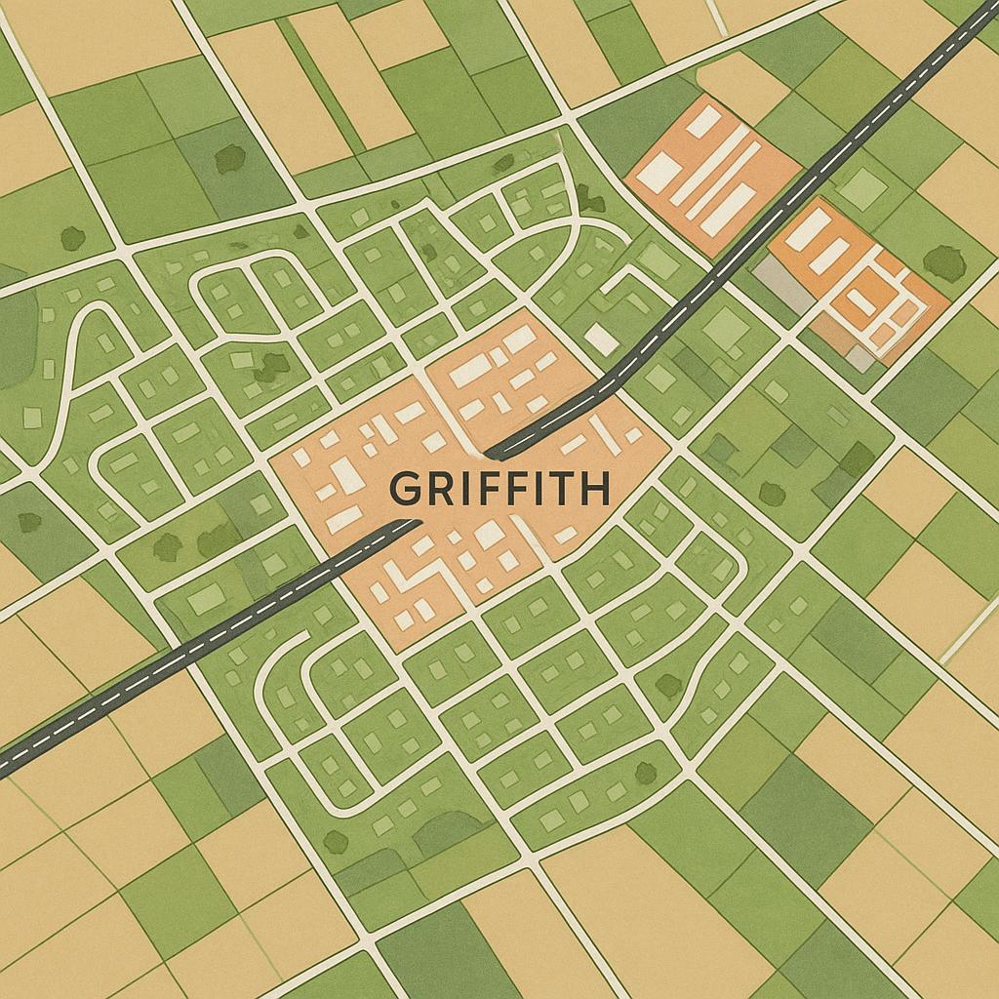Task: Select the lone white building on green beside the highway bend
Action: coord(602,340)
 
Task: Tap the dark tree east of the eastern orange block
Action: coord(943,261)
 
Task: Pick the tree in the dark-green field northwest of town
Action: coord(230,158)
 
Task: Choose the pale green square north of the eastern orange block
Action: coord(862,187)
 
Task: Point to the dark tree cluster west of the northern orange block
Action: coord(590,199)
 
